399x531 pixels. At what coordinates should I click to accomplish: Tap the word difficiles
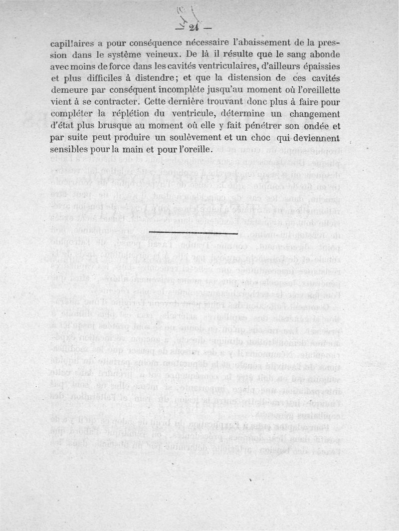tap(116, 77)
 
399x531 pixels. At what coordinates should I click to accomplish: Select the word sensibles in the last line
tap(71, 149)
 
